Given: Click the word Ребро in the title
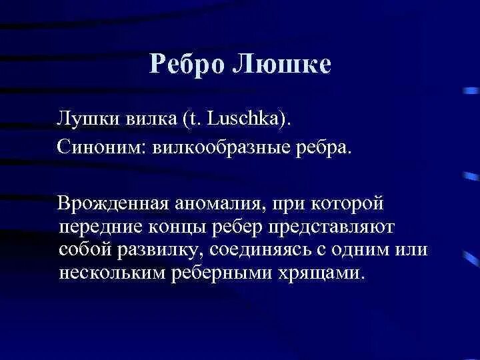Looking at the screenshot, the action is pyautogui.click(x=187, y=65).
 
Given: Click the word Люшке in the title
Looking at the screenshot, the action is pyautogui.click(x=282, y=64).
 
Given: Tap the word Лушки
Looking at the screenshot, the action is pyautogui.click(x=88, y=119).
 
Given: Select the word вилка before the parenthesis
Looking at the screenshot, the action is pyautogui.click(x=151, y=119).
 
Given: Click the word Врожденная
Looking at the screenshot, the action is pyautogui.click(x=113, y=203).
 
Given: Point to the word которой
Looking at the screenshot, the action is pyautogui.click(x=347, y=203).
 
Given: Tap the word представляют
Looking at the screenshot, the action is pyautogui.click(x=332, y=228).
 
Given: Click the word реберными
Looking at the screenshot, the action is pyautogui.click(x=221, y=273).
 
